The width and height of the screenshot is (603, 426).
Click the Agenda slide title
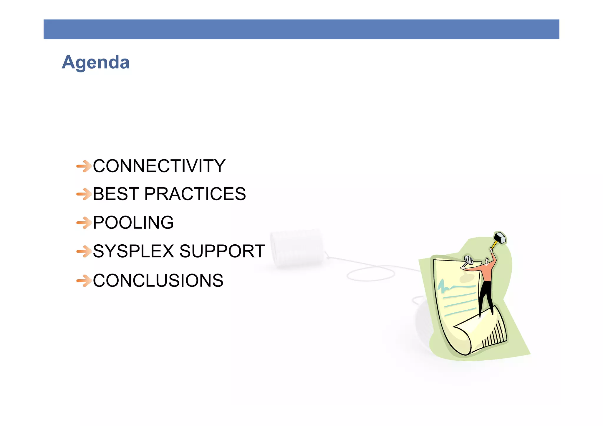coord(95,62)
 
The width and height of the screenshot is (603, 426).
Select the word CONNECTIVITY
coord(159,166)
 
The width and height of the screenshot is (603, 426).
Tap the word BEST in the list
coord(116,194)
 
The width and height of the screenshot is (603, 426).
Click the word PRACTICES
coord(195,194)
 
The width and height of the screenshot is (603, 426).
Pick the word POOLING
coord(133,223)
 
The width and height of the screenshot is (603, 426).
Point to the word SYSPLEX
coord(133,251)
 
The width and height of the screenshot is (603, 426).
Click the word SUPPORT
coord(222,251)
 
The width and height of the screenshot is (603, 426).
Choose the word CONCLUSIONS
coord(158,281)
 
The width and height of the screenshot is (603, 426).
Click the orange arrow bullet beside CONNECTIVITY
coord(84,166)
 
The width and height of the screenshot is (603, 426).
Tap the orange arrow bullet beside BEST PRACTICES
coord(84,194)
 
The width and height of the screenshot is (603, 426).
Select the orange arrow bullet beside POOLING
coord(84,223)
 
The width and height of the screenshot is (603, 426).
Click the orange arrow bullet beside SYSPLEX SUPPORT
coord(84,251)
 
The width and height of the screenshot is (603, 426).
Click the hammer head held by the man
coord(500,237)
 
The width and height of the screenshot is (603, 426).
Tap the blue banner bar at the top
coord(301,29)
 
